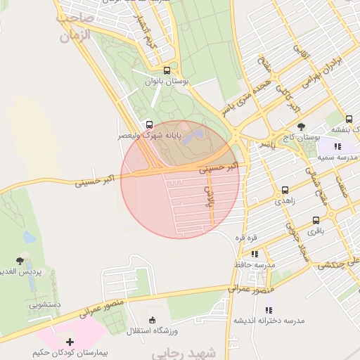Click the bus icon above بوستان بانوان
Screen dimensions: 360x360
(167, 70)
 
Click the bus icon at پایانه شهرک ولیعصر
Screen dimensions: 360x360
(148, 124)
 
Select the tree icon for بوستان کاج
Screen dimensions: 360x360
(302, 127)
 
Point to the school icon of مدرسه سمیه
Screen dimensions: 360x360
(338, 146)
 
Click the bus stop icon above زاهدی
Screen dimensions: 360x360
(285, 190)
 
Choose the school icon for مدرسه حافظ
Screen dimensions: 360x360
(255, 254)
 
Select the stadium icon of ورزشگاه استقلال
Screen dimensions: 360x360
(153, 320)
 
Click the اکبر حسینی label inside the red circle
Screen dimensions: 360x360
(219, 168)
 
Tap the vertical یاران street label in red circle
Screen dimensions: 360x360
(209, 198)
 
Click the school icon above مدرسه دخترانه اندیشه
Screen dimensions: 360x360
(269, 309)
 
